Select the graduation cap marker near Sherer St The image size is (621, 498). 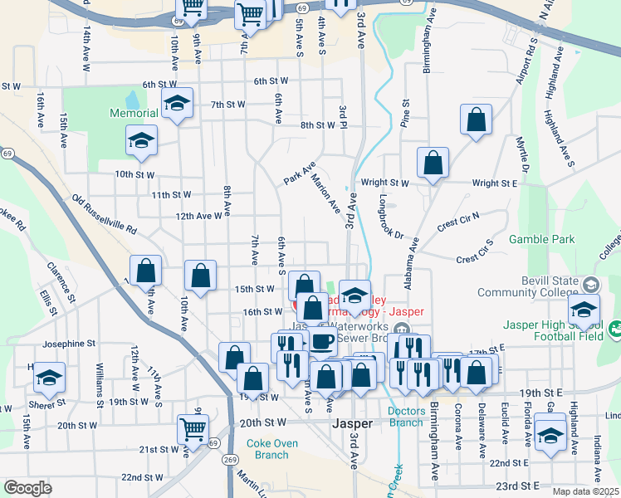tap(50, 378)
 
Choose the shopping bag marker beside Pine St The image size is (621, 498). tap(477, 120)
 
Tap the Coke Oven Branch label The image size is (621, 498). tap(271, 448)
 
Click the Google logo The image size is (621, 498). tap(27, 488)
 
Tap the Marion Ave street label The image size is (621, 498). tap(326, 191)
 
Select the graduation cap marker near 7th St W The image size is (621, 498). tap(177, 105)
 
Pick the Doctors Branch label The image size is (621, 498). tap(406, 417)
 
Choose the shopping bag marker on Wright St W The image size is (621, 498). tap(433, 164)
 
